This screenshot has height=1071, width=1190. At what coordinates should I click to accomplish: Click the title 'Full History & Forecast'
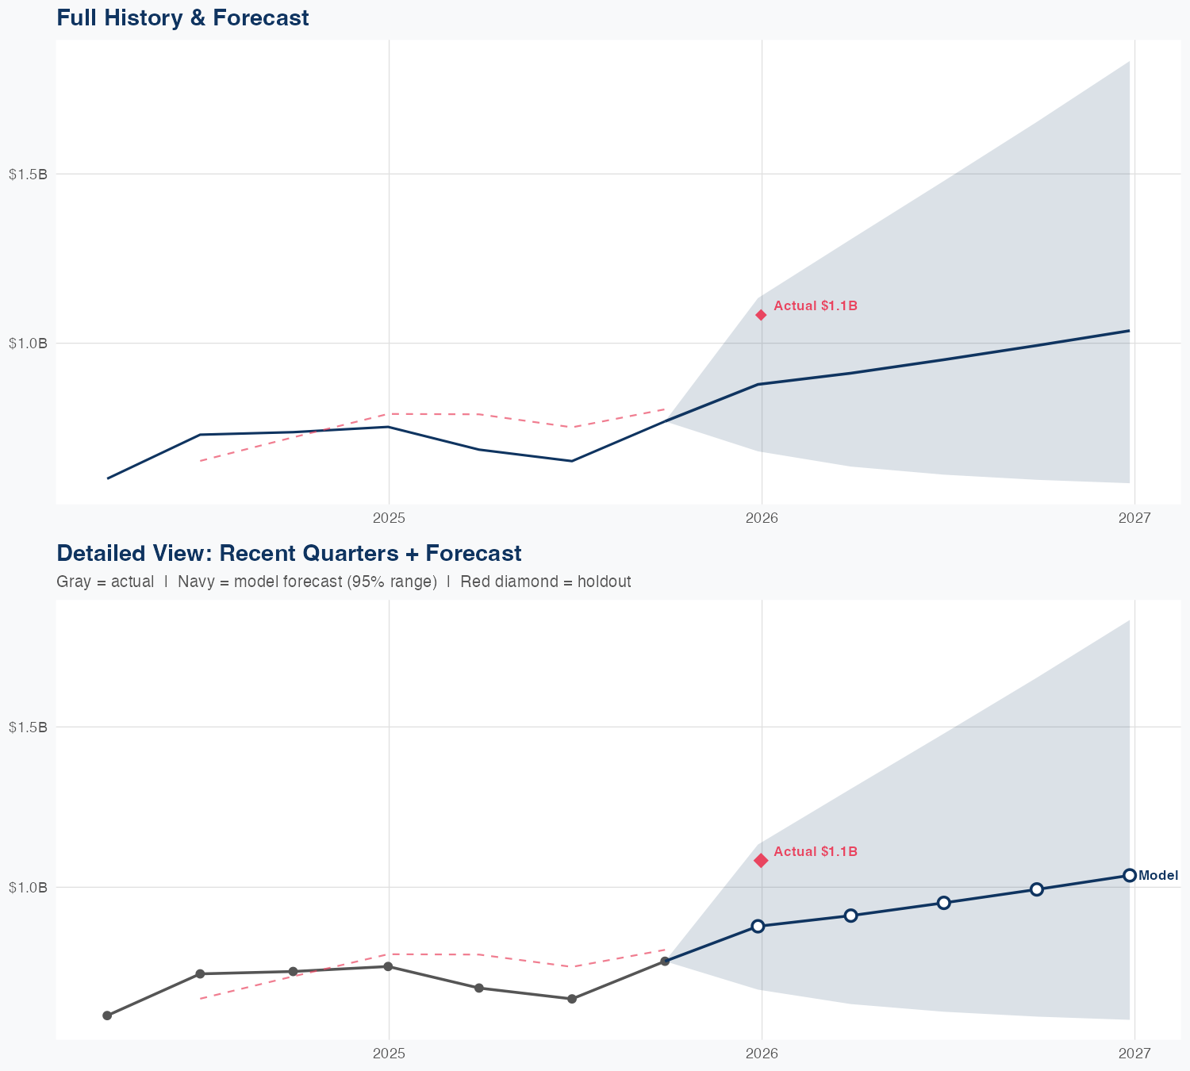click(182, 17)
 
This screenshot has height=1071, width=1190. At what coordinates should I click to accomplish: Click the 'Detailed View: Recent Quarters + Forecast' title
click(289, 553)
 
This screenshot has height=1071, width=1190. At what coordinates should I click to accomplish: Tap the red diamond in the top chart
click(761, 315)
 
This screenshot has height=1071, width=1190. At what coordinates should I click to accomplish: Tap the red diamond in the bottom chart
click(761, 860)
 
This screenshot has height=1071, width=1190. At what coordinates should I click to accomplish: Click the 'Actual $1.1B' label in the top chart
click(815, 305)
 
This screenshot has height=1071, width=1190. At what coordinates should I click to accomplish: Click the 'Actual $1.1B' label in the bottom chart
click(815, 851)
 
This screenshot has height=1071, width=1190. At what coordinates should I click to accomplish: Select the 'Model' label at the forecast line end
click(1158, 876)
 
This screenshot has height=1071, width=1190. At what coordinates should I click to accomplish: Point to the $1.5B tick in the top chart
click(28, 174)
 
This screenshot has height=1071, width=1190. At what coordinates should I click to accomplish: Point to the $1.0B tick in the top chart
click(28, 344)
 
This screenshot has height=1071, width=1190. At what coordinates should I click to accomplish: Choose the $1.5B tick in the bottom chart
click(28, 727)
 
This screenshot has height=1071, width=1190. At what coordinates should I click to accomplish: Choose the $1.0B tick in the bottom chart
click(28, 887)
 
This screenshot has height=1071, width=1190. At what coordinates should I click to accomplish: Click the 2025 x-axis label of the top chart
click(389, 518)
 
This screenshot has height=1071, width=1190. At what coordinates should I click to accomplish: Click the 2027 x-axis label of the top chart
click(1134, 518)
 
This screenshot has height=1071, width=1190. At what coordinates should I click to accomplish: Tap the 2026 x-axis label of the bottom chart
click(762, 1053)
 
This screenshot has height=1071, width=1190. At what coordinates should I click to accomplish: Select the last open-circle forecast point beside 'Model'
click(1130, 875)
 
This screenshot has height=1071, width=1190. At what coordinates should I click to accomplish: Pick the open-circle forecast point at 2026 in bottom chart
click(758, 926)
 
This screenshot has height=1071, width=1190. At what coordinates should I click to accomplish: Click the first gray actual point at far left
click(107, 1015)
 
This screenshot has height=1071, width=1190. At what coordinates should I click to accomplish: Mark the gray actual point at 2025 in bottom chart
click(388, 966)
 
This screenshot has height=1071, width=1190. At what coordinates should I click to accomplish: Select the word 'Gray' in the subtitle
click(72, 582)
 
